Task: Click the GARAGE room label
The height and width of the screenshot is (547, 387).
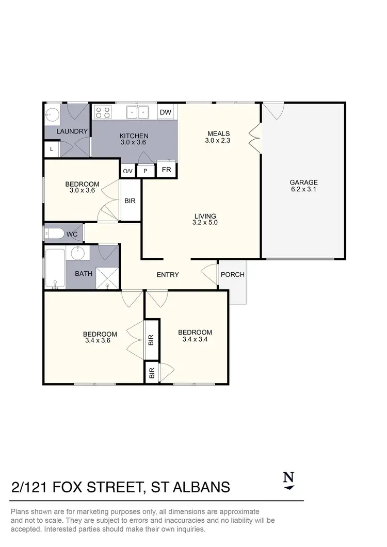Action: (x=303, y=182)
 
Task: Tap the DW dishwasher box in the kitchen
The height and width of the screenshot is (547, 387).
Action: (x=165, y=112)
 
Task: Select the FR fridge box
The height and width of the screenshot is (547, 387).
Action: (x=167, y=170)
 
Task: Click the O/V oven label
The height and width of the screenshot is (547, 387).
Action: (x=127, y=171)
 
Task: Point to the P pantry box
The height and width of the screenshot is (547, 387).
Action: (x=146, y=171)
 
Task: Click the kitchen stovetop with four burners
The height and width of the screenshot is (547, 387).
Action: (x=102, y=112)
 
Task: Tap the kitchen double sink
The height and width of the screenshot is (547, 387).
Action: (x=138, y=112)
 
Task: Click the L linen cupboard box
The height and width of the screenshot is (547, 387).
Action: (x=52, y=150)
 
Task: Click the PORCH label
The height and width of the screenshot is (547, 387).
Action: (x=232, y=274)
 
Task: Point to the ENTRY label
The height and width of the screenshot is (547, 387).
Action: (x=168, y=275)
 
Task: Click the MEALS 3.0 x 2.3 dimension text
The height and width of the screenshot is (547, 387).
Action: (x=218, y=140)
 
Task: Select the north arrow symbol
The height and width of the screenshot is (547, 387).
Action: (x=289, y=480)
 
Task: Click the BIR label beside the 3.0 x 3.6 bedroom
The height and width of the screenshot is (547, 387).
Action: (x=130, y=201)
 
